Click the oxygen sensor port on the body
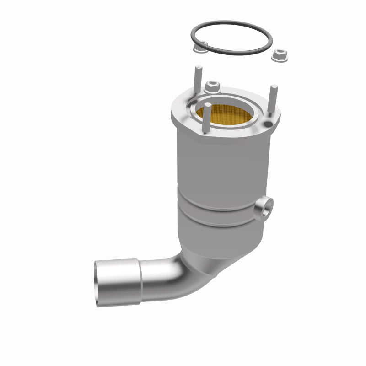click(263, 209)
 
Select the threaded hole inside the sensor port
click(265, 209)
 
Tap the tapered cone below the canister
click(220, 247)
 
